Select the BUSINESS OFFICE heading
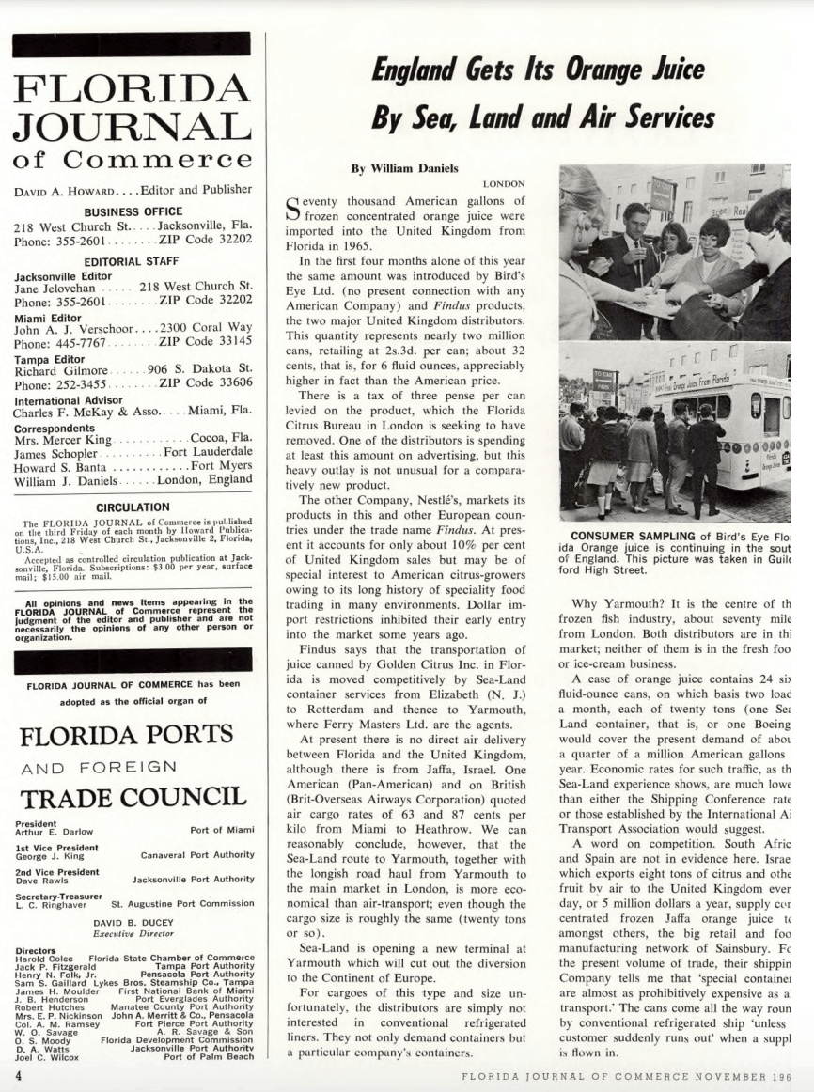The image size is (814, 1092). click(x=133, y=211)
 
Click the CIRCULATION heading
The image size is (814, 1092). click(x=133, y=507)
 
